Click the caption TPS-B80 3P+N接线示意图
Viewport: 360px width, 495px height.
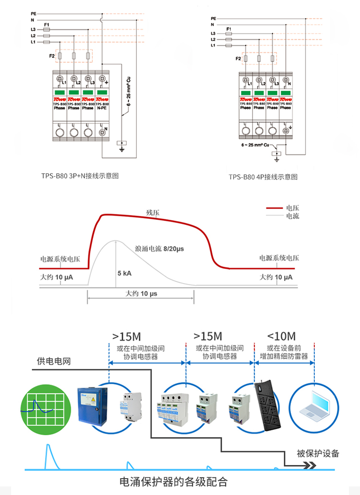click(x=80, y=176)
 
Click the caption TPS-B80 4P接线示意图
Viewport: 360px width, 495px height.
click(x=264, y=177)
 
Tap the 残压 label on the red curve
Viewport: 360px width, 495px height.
click(x=153, y=212)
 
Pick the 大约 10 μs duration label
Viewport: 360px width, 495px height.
click(x=142, y=293)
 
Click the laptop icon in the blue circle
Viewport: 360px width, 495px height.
click(x=314, y=404)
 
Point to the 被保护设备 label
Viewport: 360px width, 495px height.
click(x=317, y=453)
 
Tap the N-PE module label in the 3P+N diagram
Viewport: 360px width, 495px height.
click(x=102, y=108)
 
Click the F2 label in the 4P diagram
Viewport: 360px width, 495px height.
click(x=238, y=59)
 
